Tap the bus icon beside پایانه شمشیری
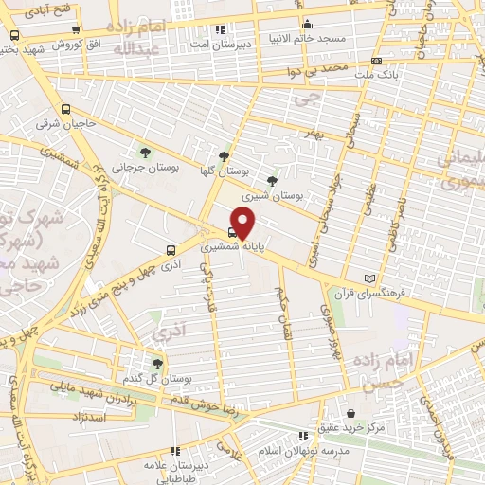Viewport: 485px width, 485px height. click(x=233, y=229)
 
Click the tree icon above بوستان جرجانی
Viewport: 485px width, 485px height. click(x=144, y=153)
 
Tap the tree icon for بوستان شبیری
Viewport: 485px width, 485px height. click(x=273, y=180)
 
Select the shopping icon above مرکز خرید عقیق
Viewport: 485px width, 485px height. click(x=351, y=414)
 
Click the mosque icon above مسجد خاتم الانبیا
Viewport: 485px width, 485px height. click(x=306, y=27)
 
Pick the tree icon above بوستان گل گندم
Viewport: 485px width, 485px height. click(x=157, y=363)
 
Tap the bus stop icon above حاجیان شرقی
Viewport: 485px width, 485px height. click(x=64, y=109)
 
